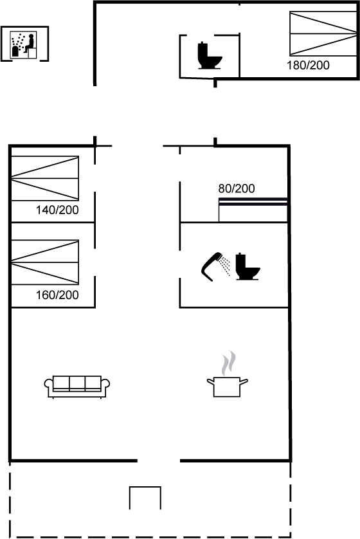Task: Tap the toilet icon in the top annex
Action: click(x=209, y=55)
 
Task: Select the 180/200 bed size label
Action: click(x=308, y=65)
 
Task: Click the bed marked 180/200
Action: click(x=323, y=33)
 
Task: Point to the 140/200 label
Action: click(x=57, y=210)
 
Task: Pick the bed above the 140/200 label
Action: click(x=45, y=178)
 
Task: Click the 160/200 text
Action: click(x=57, y=295)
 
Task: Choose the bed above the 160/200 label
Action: click(x=45, y=262)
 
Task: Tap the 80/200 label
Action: click(x=237, y=188)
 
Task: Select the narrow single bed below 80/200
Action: click(x=253, y=210)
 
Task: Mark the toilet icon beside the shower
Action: click(x=248, y=266)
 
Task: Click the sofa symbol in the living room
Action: click(x=77, y=387)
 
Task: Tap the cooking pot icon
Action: click(x=227, y=387)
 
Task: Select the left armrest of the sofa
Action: click(x=49, y=387)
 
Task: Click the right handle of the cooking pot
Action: click(x=244, y=381)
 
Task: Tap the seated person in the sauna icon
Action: click(x=30, y=43)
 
